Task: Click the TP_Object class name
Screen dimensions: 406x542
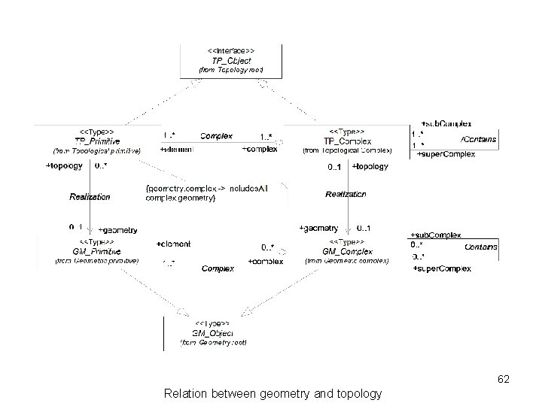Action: (x=230, y=60)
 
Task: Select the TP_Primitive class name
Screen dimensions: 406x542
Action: (x=96, y=141)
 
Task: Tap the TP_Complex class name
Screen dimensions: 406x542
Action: (x=347, y=141)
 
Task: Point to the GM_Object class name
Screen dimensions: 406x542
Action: (x=213, y=332)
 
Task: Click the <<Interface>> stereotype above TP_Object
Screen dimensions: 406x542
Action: (x=230, y=50)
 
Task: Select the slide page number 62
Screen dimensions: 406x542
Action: (x=504, y=380)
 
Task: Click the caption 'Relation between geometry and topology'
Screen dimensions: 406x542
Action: (x=272, y=393)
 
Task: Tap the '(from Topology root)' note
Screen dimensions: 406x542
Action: (x=230, y=70)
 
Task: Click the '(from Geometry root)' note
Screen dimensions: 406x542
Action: (x=213, y=342)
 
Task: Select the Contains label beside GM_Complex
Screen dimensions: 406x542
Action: (x=480, y=247)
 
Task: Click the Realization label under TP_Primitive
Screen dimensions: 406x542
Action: (x=90, y=197)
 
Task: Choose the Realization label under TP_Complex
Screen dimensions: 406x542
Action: (x=346, y=194)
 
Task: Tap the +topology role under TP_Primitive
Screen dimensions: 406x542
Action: (x=64, y=165)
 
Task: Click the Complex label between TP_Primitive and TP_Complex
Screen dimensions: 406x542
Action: (x=216, y=136)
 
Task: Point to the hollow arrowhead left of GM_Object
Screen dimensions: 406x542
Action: (x=181, y=311)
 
